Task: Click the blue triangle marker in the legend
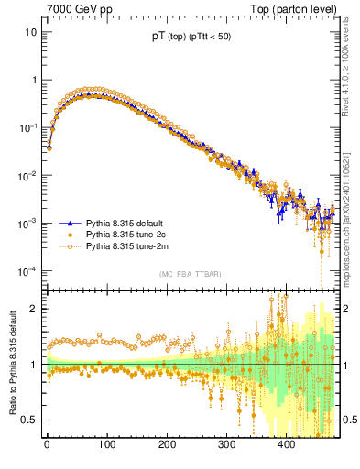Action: click(x=70, y=223)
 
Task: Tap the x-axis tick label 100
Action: click(x=106, y=445)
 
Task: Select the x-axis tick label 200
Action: click(x=166, y=445)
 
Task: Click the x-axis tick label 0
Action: click(x=47, y=445)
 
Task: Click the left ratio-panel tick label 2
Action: click(x=35, y=309)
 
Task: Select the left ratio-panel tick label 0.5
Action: click(x=30, y=420)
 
